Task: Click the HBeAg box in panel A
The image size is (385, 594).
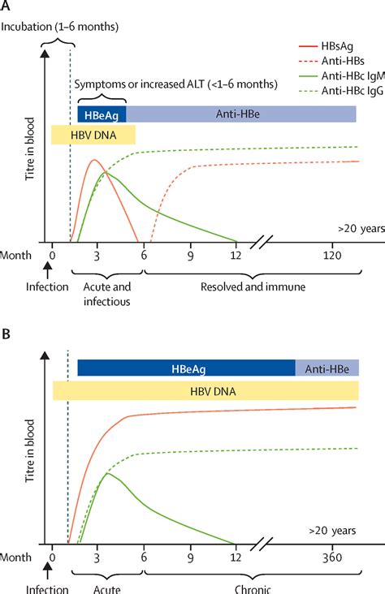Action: click(101, 114)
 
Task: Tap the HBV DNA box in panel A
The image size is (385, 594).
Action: click(93, 134)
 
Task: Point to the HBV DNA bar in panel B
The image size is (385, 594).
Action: click(205, 390)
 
